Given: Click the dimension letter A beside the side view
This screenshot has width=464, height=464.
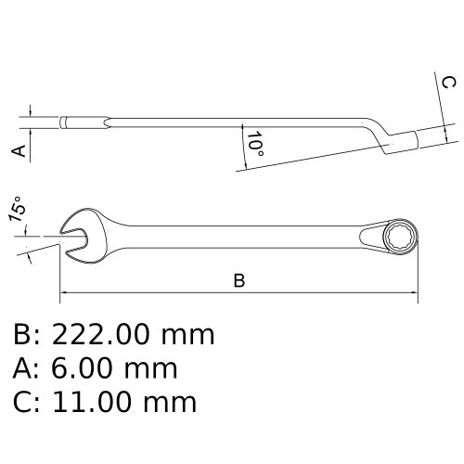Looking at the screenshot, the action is [19, 150].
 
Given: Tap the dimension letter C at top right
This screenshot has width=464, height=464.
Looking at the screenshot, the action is [448, 83].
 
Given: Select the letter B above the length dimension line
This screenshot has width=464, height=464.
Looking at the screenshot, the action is [239, 280].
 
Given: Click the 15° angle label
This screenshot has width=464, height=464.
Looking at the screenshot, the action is [16, 209].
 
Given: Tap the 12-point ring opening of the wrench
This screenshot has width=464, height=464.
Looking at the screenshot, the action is [400, 238].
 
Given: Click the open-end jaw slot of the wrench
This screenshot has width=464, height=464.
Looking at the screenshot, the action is [73, 240].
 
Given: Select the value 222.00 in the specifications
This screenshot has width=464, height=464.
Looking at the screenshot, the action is [101, 335].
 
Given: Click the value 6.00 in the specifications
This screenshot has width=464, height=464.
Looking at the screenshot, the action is [82, 368].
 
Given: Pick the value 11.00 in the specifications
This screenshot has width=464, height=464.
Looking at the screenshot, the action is [91, 402].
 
